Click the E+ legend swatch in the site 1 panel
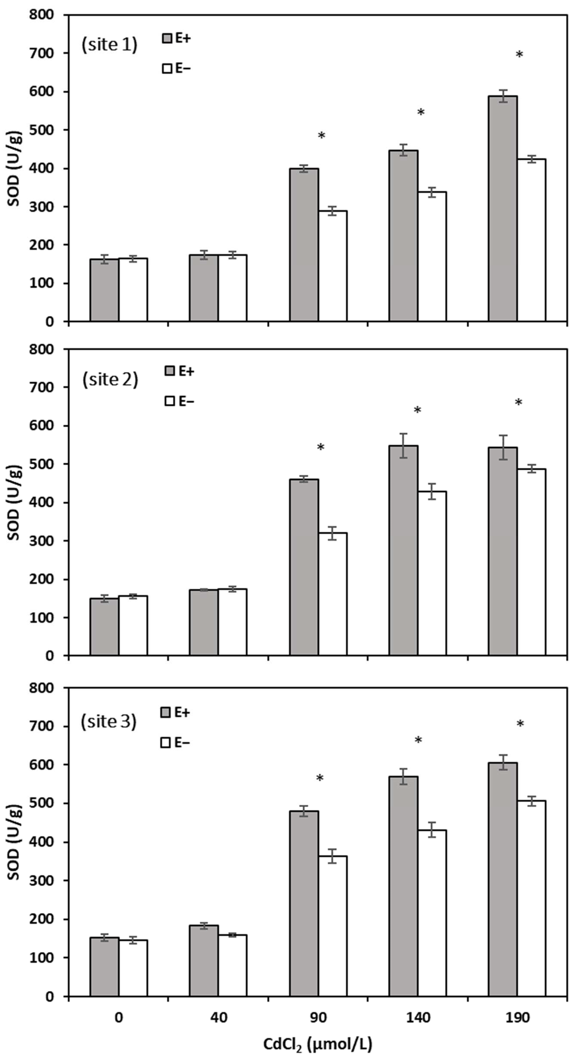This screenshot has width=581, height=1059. point(167,38)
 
